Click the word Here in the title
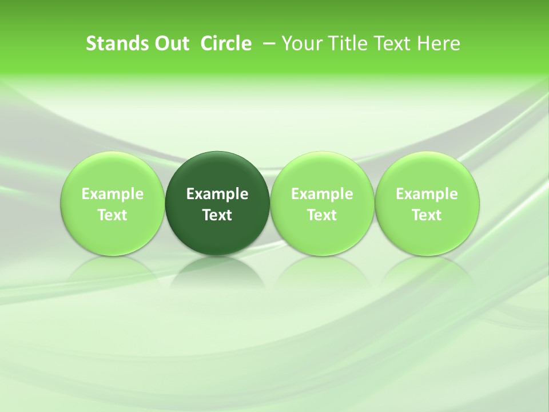tap(439, 43)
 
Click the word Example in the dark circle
tap(217, 194)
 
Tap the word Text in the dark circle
tap(217, 215)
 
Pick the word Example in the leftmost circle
tap(113, 194)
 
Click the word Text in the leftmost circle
tap(113, 215)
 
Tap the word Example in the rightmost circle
tap(427, 194)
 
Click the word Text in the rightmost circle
tap(427, 215)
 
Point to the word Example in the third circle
tap(322, 194)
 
